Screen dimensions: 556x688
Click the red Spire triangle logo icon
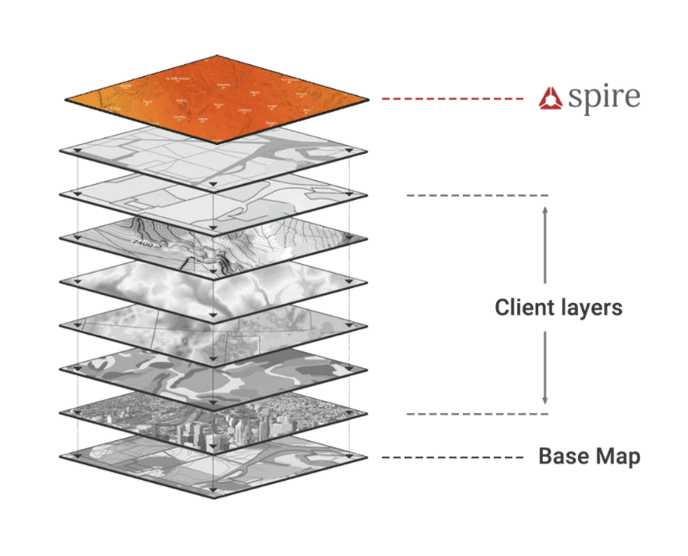coord(551,99)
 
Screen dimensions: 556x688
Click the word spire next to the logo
coord(604,98)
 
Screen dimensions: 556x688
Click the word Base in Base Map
coord(564,457)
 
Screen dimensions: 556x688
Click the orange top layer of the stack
coord(216,99)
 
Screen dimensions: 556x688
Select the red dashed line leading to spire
coord(451,99)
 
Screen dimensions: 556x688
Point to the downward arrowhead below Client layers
coord(545,400)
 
